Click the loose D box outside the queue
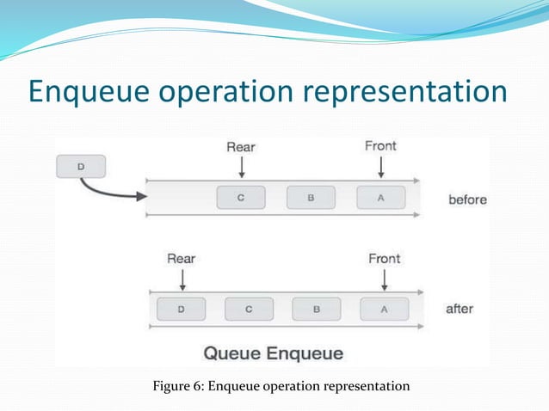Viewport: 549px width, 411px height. pyautogui.click(x=80, y=166)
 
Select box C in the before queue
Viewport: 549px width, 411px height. pyautogui.click(x=240, y=199)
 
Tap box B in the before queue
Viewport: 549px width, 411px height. pyautogui.click(x=310, y=199)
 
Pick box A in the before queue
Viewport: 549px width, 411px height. pyautogui.click(x=379, y=199)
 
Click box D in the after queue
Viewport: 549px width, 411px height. pyautogui.click(x=180, y=309)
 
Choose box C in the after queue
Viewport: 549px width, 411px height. pyautogui.click(x=249, y=309)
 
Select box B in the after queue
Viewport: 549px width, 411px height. pyautogui.click(x=317, y=309)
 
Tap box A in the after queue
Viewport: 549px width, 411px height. pyautogui.click(x=384, y=309)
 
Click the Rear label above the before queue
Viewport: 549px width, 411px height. pyautogui.click(x=241, y=147)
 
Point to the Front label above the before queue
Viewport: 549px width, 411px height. pyautogui.click(x=380, y=146)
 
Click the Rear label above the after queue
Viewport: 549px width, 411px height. pyautogui.click(x=181, y=258)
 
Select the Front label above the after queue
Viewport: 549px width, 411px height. pyautogui.click(x=385, y=258)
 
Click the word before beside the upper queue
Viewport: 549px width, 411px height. pyautogui.click(x=467, y=199)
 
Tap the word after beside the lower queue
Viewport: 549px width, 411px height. pyautogui.click(x=460, y=309)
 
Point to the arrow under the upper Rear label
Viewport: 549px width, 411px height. pyautogui.click(x=242, y=166)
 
